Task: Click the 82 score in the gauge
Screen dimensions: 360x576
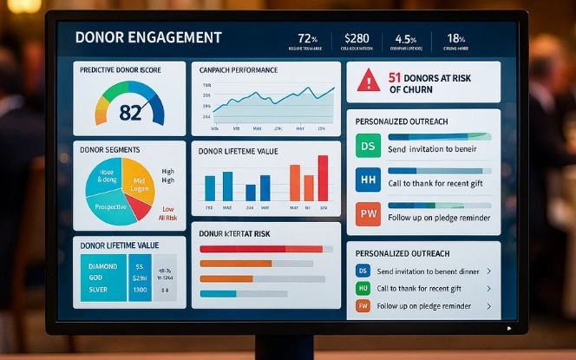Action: tap(130, 111)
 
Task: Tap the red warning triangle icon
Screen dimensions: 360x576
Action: tap(369, 81)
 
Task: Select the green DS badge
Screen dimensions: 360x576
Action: tap(368, 146)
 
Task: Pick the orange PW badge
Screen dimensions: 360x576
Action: tap(368, 213)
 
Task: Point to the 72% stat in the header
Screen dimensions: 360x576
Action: tap(308, 38)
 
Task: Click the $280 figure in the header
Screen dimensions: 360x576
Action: tap(357, 38)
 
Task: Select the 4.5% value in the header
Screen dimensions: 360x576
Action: tap(406, 38)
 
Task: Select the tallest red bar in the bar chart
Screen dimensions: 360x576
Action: tap(323, 178)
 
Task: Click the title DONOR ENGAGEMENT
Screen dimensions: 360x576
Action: tap(147, 38)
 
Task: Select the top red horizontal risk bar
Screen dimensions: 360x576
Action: tap(260, 249)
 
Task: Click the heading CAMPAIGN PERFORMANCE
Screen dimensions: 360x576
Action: tap(238, 69)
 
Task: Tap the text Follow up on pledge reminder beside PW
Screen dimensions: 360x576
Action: tap(440, 218)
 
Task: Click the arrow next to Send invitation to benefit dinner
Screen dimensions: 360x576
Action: tap(488, 272)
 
